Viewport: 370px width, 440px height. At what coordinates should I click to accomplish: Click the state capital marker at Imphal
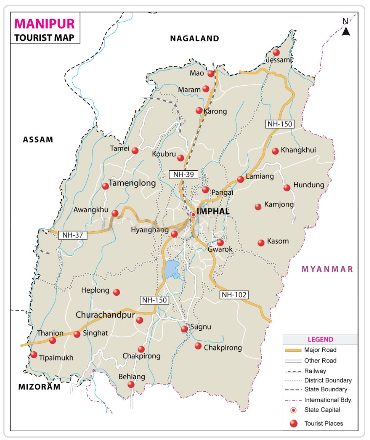[193, 215]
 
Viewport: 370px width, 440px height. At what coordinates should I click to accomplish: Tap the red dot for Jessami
[276, 52]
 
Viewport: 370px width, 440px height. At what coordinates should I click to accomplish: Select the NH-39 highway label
[183, 174]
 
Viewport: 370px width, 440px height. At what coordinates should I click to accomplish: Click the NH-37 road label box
[73, 235]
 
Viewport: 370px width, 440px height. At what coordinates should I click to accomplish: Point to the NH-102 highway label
[234, 295]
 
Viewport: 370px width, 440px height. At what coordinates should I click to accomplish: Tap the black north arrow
[346, 32]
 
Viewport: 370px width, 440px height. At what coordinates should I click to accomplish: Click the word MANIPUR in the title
[45, 24]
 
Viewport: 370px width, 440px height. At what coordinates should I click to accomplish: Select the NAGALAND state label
[195, 38]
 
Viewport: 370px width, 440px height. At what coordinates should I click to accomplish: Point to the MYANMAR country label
[327, 269]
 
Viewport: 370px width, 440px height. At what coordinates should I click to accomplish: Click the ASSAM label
[38, 139]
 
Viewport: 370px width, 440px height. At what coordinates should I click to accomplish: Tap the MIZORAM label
[39, 387]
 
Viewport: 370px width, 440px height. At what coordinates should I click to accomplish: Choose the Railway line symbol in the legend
[293, 371]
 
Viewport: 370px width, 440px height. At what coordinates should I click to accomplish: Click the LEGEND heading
[320, 340]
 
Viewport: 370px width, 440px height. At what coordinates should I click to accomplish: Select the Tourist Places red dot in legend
[294, 424]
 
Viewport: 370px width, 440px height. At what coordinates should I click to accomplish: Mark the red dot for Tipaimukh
[34, 355]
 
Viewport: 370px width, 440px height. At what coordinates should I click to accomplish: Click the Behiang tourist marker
[131, 384]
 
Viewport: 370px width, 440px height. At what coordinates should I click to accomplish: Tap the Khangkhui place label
[298, 150]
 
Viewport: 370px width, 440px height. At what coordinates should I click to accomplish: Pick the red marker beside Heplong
[116, 292]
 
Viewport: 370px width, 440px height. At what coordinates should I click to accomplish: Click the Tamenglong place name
[132, 183]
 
